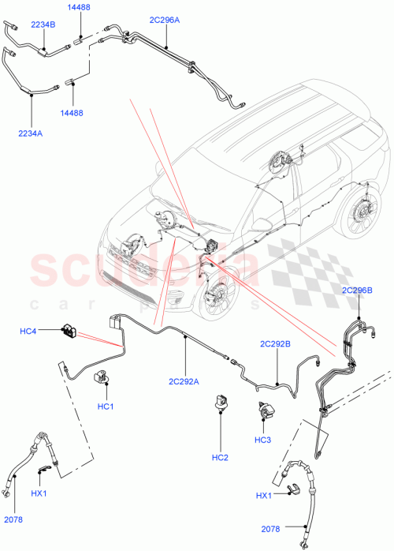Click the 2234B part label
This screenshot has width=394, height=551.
tap(43, 24)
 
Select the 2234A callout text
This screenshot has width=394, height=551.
tap(30, 133)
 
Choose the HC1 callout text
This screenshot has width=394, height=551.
tap(106, 407)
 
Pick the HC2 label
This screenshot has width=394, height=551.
tap(220, 458)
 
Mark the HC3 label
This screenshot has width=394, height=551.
tap(263, 440)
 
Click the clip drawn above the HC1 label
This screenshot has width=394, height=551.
tap(102, 377)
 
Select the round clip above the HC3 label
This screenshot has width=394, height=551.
tap(262, 411)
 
